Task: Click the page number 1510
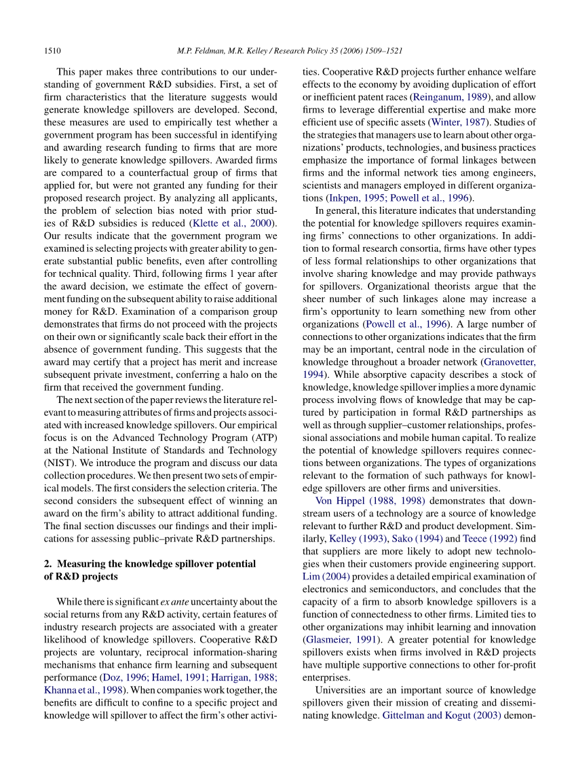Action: pyautogui.click(x=53, y=50)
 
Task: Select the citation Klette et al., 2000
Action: pyautogui.click(x=232, y=223)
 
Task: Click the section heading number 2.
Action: pyautogui.click(x=47, y=564)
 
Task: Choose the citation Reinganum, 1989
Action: pyautogui.click(x=450, y=97)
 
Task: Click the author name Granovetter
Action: pyautogui.click(x=509, y=362)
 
